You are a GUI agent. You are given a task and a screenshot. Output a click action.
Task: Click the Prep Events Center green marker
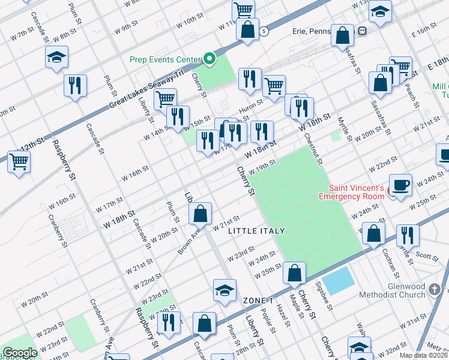click(x=209, y=59)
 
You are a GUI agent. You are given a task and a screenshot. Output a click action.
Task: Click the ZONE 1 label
click(x=258, y=300)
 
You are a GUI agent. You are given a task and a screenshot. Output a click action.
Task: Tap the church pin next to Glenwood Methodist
click(x=435, y=291)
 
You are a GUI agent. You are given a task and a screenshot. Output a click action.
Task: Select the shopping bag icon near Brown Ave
click(x=200, y=213)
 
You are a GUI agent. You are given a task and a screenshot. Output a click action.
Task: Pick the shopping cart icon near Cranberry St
click(x=19, y=161)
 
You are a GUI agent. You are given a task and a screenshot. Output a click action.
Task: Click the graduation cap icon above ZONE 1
click(x=225, y=290)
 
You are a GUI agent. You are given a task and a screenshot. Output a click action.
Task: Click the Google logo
click(x=19, y=353)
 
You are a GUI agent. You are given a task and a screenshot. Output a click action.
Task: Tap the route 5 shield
click(x=263, y=30)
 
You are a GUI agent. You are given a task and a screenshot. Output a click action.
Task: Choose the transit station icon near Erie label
click(x=363, y=31)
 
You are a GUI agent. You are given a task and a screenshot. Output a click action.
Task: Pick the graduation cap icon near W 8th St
click(x=57, y=58)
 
